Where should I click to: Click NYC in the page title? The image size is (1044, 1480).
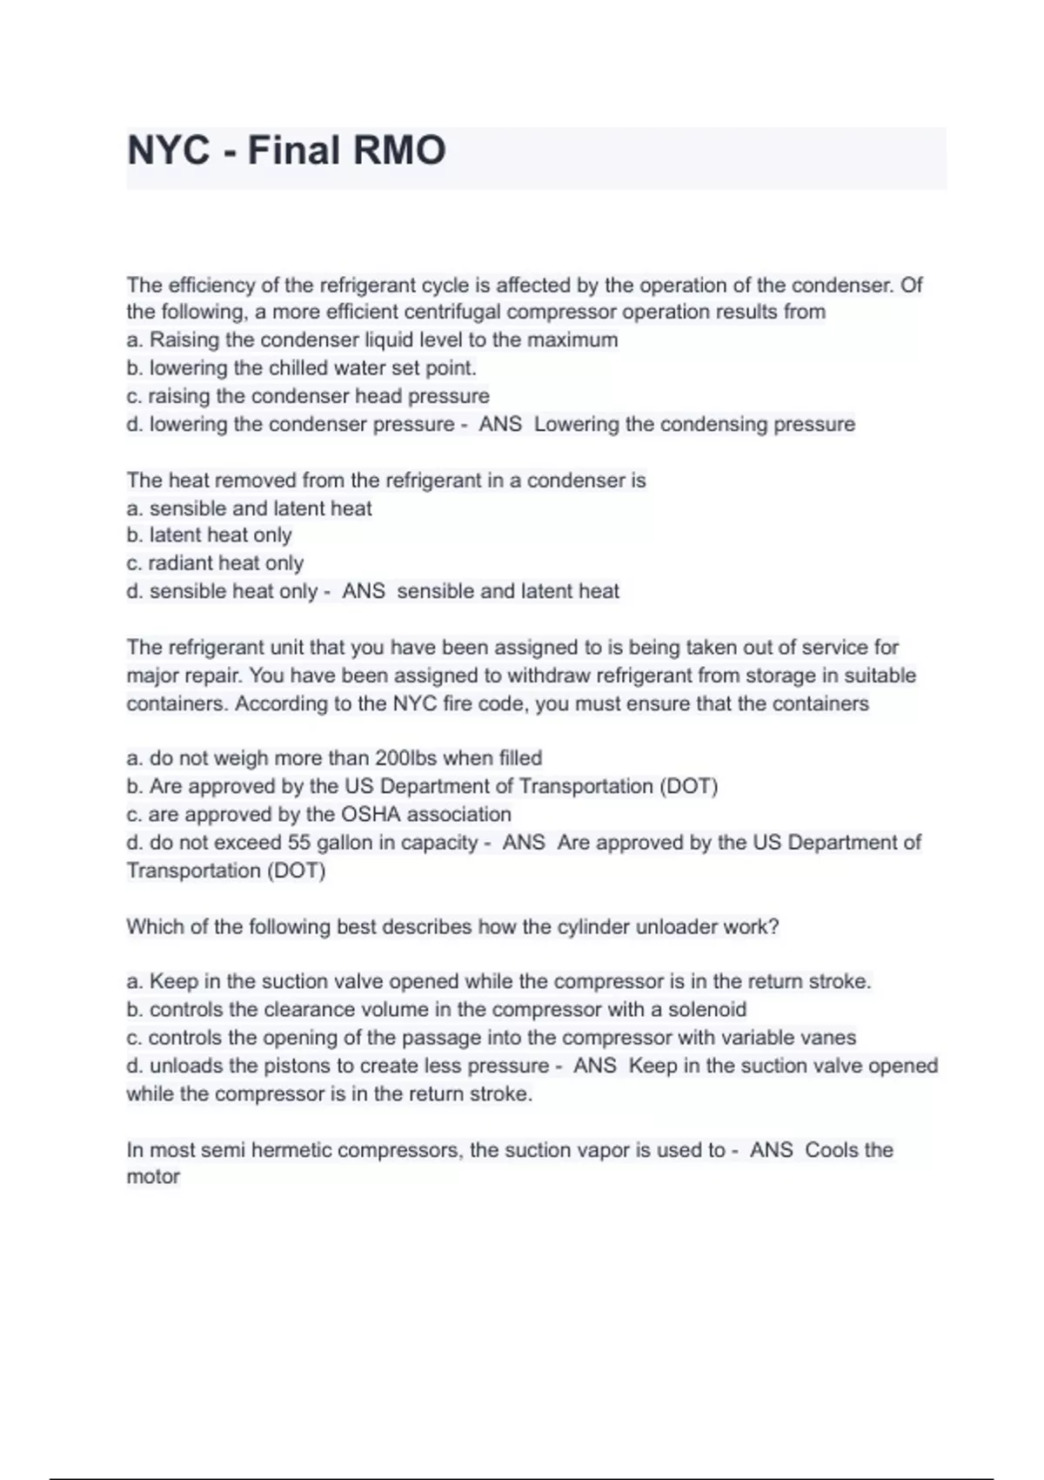tap(169, 150)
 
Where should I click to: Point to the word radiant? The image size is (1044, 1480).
tap(181, 563)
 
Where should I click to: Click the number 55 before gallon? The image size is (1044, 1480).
tap(299, 843)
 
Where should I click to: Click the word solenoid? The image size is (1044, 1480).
tap(706, 1010)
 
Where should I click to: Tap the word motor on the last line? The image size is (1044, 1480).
tap(153, 1177)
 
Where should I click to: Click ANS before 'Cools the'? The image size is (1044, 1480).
tap(772, 1150)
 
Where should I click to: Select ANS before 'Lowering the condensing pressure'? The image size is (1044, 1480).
tap(500, 424)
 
